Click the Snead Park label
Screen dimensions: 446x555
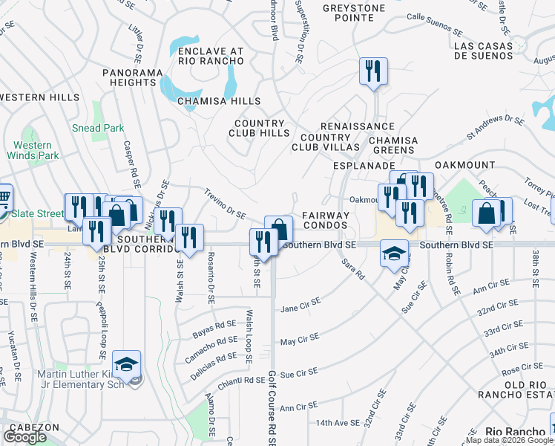(98, 128)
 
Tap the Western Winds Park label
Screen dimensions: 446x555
(33, 150)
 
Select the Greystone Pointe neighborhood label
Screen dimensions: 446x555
(354, 16)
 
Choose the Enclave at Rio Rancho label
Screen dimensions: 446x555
(211, 56)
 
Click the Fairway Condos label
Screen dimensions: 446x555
(325, 221)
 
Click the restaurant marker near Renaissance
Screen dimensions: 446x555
(372, 71)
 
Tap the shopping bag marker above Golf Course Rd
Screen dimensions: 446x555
(278, 229)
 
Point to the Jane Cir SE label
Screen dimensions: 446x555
(300, 305)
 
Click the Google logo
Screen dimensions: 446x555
(25, 437)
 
